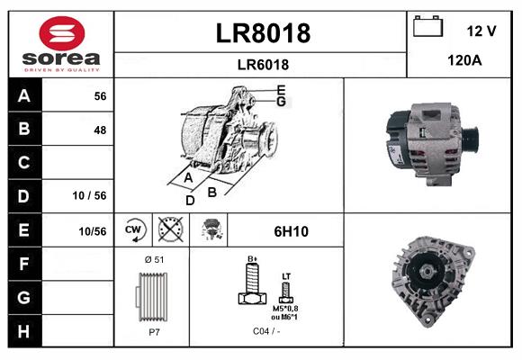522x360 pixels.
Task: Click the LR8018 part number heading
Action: tap(263, 33)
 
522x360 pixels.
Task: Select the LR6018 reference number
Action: tap(263, 64)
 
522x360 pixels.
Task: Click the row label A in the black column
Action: tap(23, 96)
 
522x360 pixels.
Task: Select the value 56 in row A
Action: tap(100, 96)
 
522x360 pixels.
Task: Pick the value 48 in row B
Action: tap(100, 130)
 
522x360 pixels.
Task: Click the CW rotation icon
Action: tap(134, 230)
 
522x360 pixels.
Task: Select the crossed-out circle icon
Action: tap(168, 230)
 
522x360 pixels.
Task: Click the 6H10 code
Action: tap(291, 231)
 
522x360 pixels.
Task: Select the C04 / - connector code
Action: tap(265, 331)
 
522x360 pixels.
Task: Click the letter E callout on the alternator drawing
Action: tap(281, 90)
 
